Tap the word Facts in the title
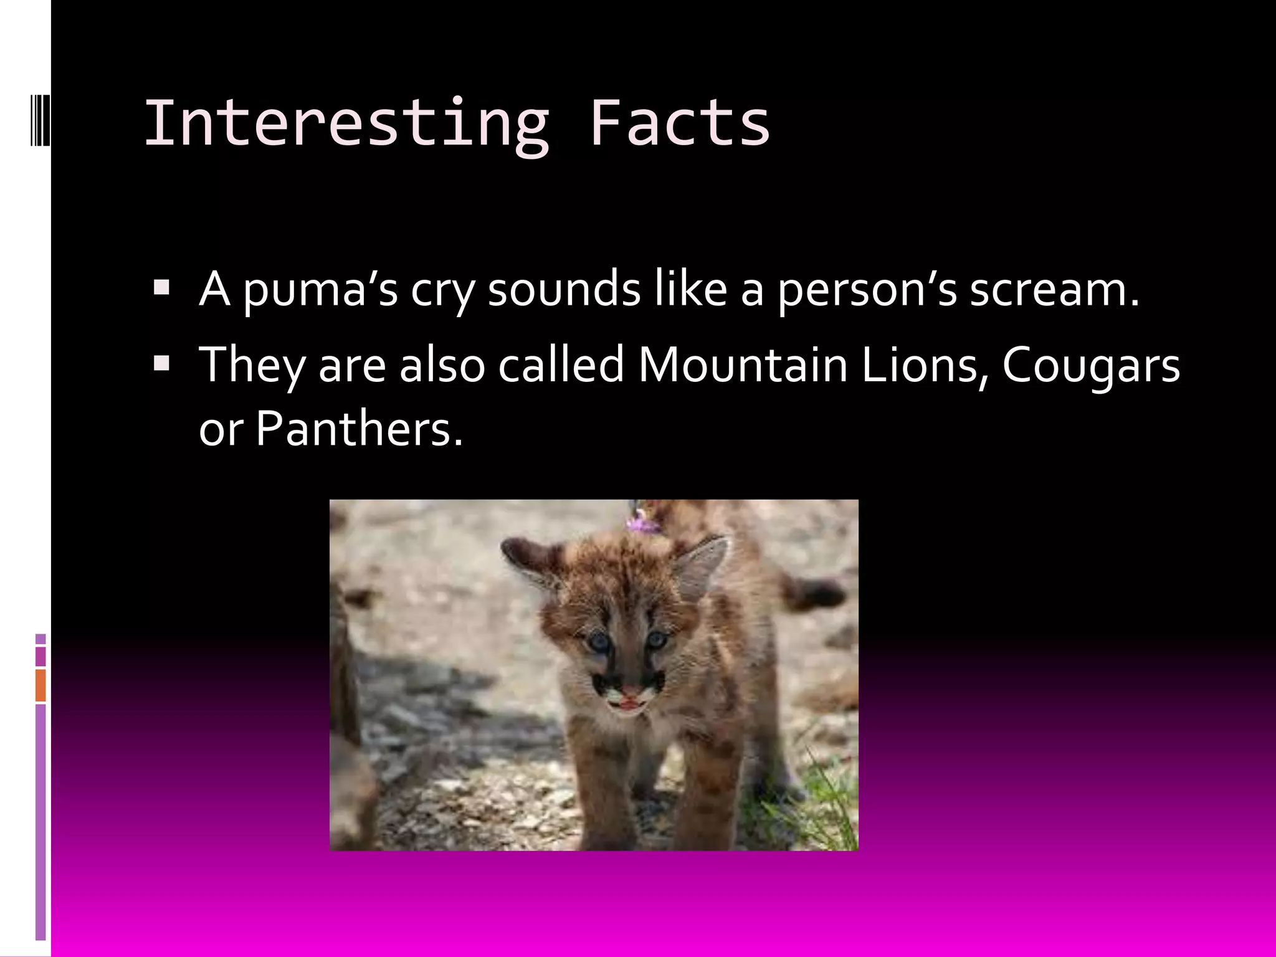pos(679,123)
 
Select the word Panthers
pos(359,429)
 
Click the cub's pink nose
pos(631,690)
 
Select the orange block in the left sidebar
pos(40,685)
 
